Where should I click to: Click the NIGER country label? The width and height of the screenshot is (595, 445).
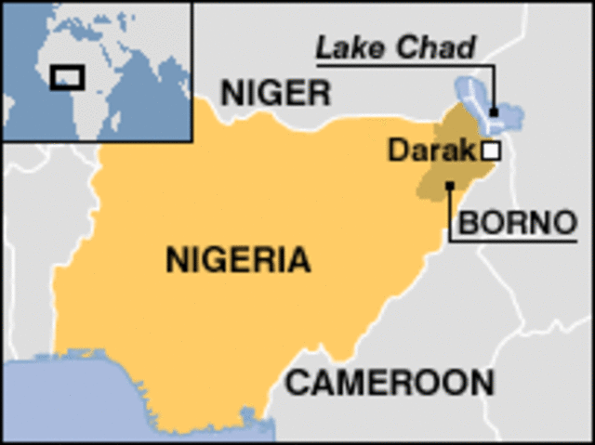coord(274,92)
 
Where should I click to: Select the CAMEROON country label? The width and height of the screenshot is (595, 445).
coord(389,383)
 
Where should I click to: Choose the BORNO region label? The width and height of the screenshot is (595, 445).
coord(513,223)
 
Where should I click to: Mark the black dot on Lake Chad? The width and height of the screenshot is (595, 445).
coord(494,112)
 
